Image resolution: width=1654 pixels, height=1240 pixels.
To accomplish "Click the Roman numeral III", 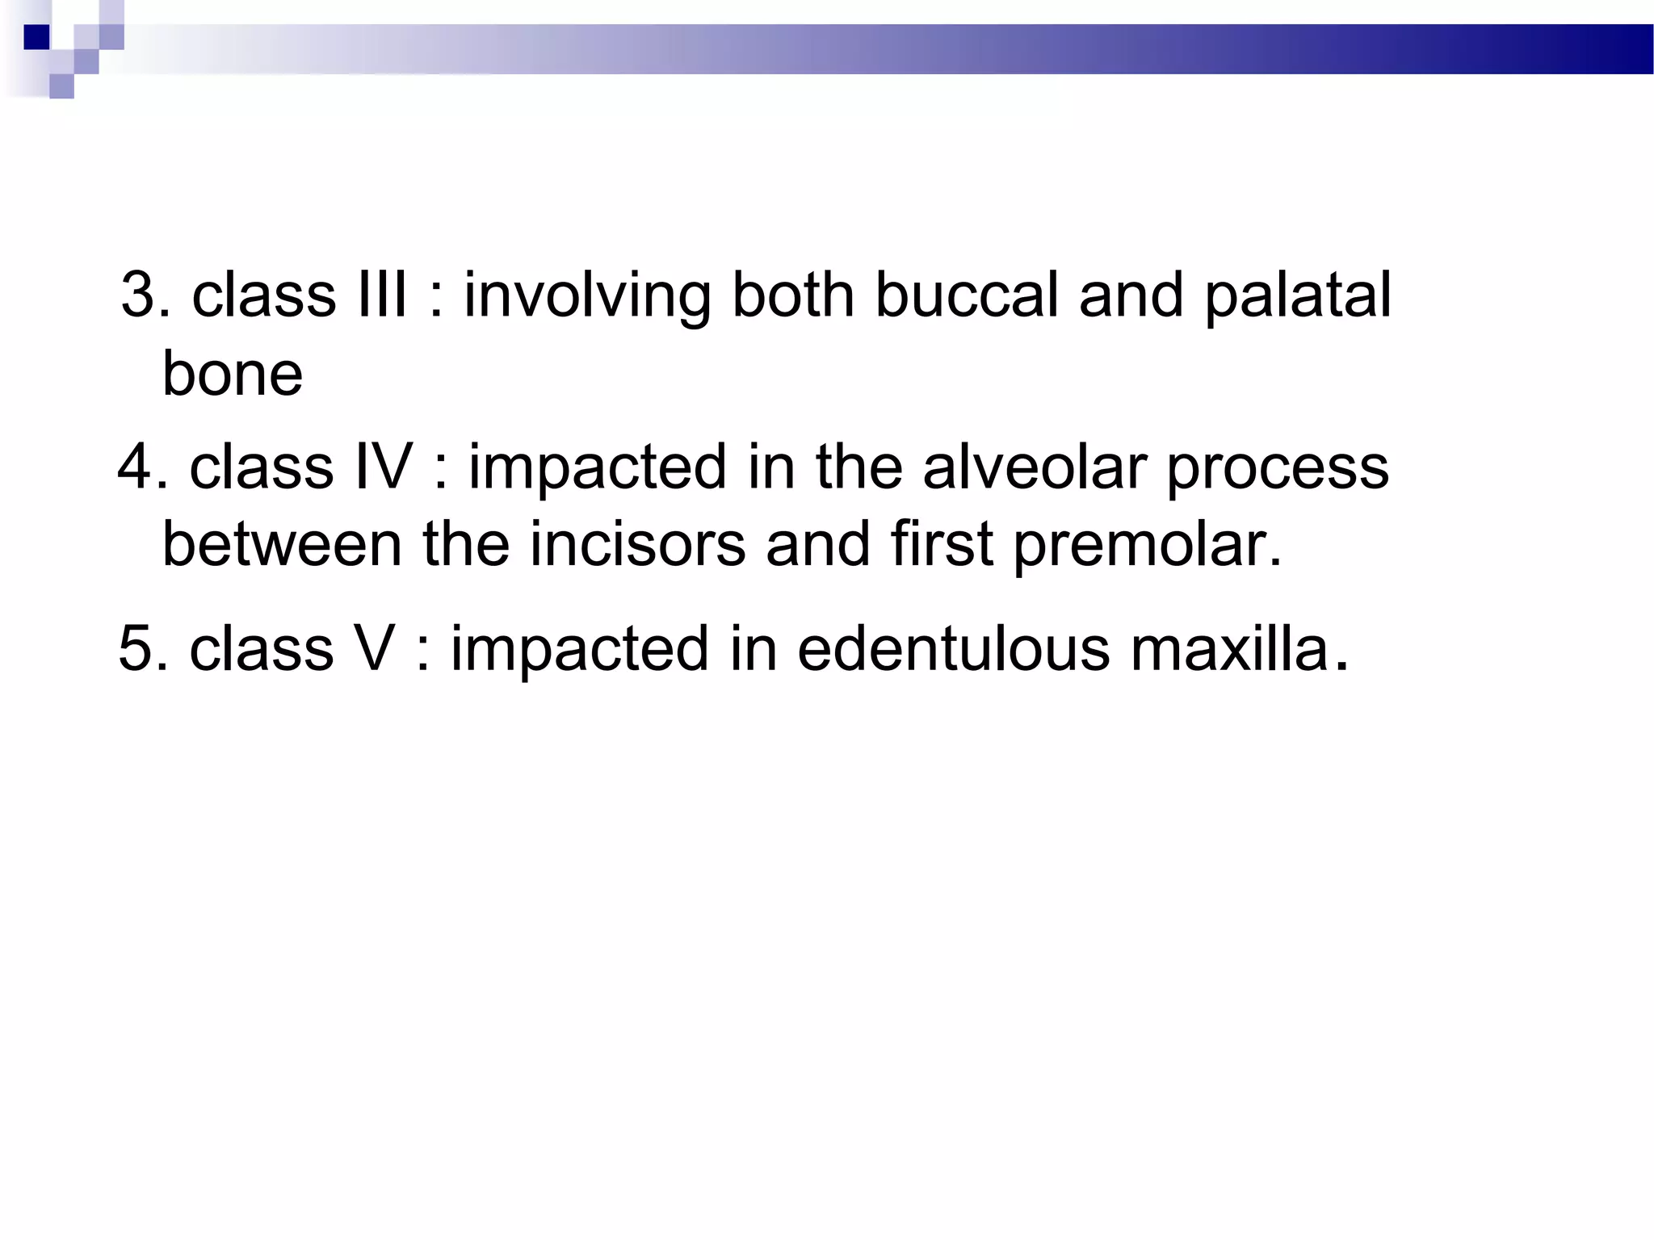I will [381, 295].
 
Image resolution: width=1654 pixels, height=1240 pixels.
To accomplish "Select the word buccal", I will [967, 295].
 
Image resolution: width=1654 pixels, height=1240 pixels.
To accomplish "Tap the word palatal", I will [1298, 296].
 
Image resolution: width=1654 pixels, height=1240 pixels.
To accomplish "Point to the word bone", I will [233, 374].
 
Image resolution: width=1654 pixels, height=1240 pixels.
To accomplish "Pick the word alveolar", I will [1034, 467].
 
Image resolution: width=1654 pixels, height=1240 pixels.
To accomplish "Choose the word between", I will [282, 544].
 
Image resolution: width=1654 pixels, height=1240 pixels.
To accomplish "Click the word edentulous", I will [953, 648].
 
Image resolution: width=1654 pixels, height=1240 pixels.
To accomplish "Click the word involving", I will [587, 296].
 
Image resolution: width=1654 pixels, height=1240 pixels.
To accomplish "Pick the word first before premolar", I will [941, 544].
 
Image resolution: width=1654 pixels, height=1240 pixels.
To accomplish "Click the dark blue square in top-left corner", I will [36, 37].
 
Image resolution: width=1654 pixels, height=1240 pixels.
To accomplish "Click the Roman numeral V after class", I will [374, 648].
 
